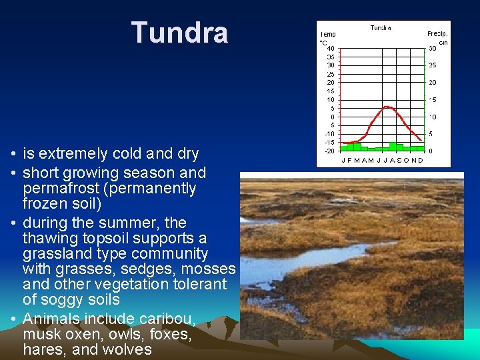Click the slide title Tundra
(179, 33)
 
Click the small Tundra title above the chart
(381, 28)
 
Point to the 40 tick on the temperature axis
(331, 48)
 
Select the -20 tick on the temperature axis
(329, 151)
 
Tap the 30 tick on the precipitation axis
(432, 48)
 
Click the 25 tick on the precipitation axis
(432, 65)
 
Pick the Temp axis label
(328, 33)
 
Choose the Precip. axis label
(437, 33)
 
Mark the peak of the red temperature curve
(386, 107)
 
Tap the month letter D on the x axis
(420, 160)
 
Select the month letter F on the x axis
(351, 160)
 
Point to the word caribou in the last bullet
(172, 319)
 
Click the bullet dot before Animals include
(13, 319)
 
